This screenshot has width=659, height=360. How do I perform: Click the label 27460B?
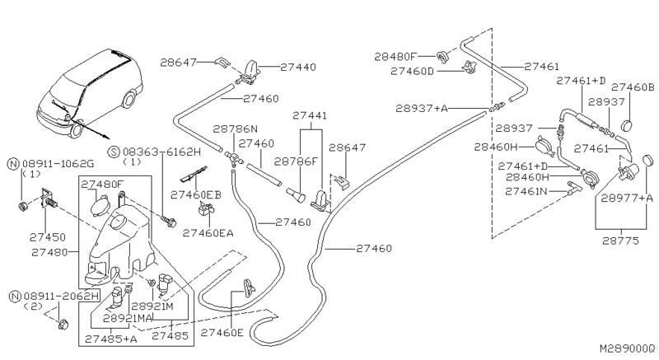tap(633, 87)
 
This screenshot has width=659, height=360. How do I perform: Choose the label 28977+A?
tap(627, 198)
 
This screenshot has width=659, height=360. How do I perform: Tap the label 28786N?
tap(236, 129)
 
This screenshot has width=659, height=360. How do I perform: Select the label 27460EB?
tap(196, 194)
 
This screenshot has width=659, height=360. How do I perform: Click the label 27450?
tap(47, 236)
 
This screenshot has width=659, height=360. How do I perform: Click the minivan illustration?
tap(86, 91)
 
